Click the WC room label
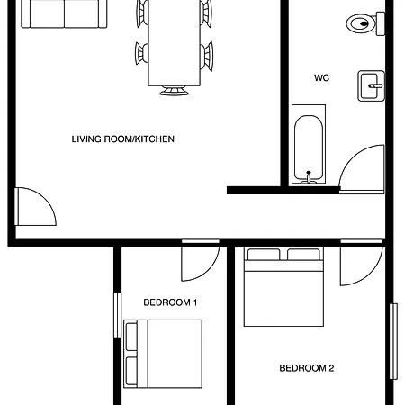click(x=321, y=78)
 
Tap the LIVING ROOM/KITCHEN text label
click(x=122, y=139)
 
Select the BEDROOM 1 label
click(x=170, y=302)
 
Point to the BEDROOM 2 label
click(x=306, y=367)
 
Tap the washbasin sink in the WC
click(x=371, y=85)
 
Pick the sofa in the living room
click(x=59, y=13)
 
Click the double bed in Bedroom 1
click(x=163, y=353)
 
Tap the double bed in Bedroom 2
click(x=283, y=286)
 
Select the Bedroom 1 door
click(x=197, y=261)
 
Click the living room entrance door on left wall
click(x=36, y=207)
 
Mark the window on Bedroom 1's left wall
click(x=117, y=314)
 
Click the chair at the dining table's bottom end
click(x=174, y=90)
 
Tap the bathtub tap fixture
click(x=309, y=176)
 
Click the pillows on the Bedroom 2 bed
click(x=283, y=255)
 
